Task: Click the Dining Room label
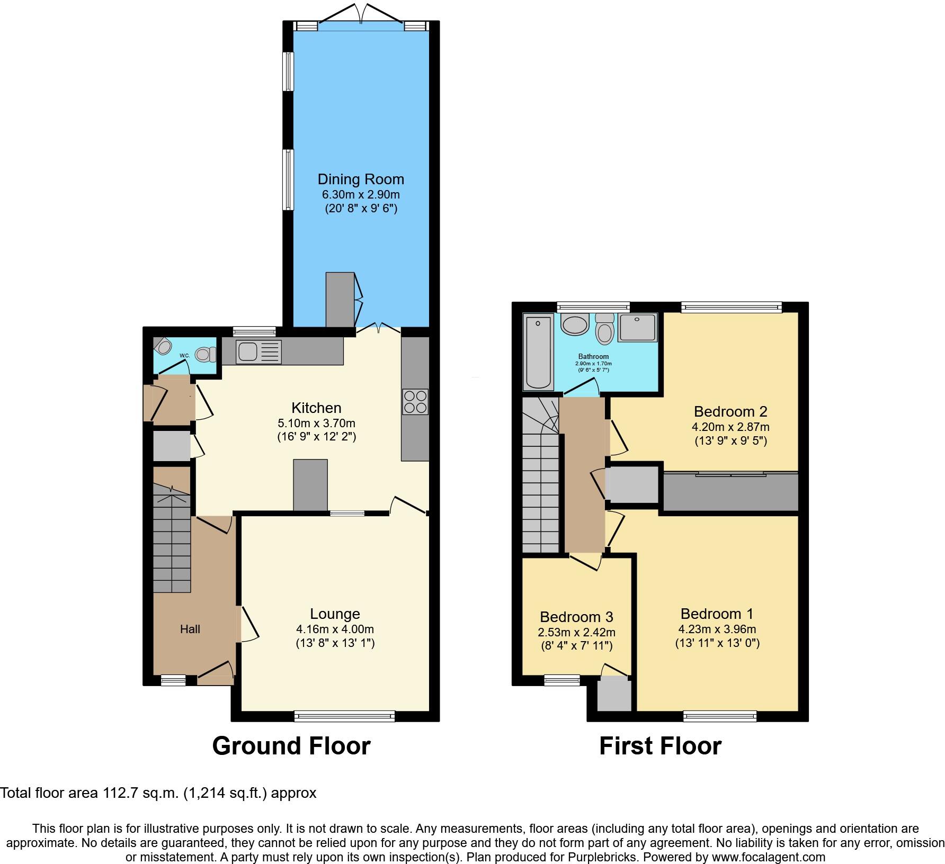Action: point(361,179)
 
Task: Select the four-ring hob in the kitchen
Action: point(415,402)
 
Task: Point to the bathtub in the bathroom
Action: point(538,350)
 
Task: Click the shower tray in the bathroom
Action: point(637,327)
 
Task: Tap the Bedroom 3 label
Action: point(576,617)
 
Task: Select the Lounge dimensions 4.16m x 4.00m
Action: point(335,629)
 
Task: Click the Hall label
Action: point(190,629)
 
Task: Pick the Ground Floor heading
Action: point(291,746)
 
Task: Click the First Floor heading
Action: point(659,746)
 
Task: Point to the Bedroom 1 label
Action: point(717,614)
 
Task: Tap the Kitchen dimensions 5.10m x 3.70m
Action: point(316,424)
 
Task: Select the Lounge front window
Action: point(344,716)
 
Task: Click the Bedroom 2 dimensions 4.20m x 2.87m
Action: point(730,427)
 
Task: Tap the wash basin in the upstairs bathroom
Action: point(574,323)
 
